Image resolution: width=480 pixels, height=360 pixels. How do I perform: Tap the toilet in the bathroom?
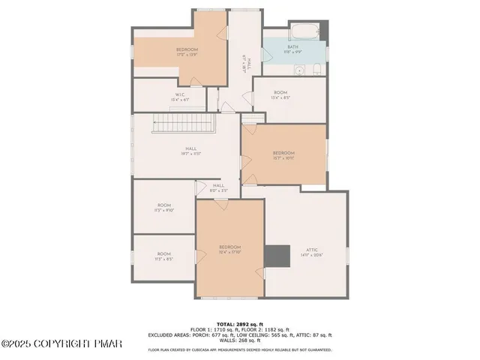click(x=316, y=70)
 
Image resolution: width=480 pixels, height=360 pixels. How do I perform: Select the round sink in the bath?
click(x=298, y=70)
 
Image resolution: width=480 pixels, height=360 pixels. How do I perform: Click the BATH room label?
click(x=292, y=46)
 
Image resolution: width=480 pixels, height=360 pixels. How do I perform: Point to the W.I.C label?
click(x=179, y=94)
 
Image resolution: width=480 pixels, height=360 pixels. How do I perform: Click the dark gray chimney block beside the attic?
click(x=278, y=255)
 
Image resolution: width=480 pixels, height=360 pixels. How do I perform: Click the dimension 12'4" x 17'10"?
click(x=229, y=253)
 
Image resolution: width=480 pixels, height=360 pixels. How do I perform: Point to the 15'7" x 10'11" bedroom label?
click(x=283, y=157)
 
